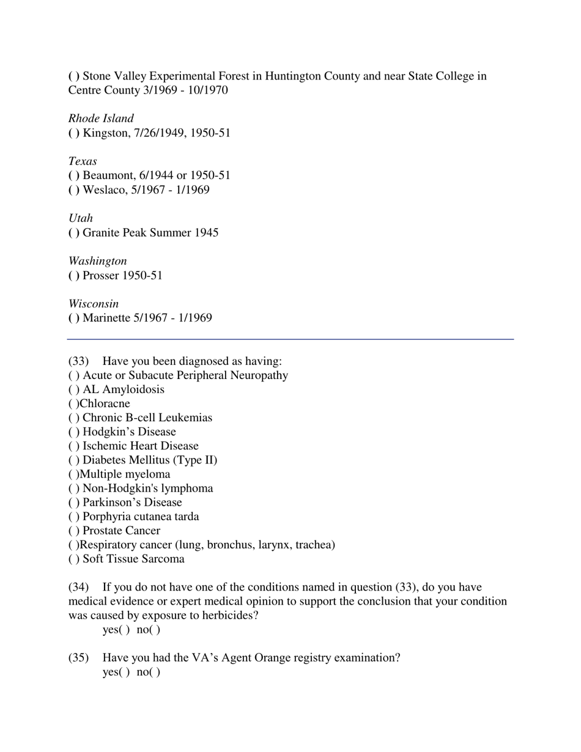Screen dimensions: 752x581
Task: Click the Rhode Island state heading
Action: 101,119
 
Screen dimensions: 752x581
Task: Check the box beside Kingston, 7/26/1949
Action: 73,133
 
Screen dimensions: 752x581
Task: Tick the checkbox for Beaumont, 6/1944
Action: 73,176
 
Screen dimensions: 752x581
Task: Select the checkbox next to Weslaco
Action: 73,190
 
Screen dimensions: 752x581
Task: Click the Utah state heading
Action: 81,218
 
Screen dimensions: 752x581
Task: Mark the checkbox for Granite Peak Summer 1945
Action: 73,233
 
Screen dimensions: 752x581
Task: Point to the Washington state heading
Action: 98,261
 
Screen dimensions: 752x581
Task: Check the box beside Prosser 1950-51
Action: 73,276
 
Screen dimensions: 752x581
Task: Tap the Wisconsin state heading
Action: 94,304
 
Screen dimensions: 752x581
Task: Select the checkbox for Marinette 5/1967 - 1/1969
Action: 73,319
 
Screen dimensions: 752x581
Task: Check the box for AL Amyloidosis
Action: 73,390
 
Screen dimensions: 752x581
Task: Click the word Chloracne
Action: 105,404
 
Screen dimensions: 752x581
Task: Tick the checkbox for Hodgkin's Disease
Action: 73,432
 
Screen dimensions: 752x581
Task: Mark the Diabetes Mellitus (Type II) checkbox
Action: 73,460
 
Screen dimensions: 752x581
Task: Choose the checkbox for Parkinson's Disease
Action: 73,503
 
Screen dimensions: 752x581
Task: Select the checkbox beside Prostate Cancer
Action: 73,531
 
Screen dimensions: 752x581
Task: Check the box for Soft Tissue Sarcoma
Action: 73,559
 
